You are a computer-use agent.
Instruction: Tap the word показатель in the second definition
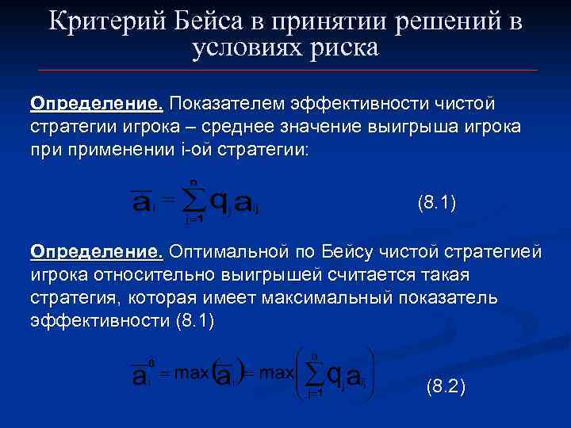point(458,297)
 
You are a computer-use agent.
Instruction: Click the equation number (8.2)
point(446,388)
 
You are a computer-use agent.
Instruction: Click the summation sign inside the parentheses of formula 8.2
point(315,372)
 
